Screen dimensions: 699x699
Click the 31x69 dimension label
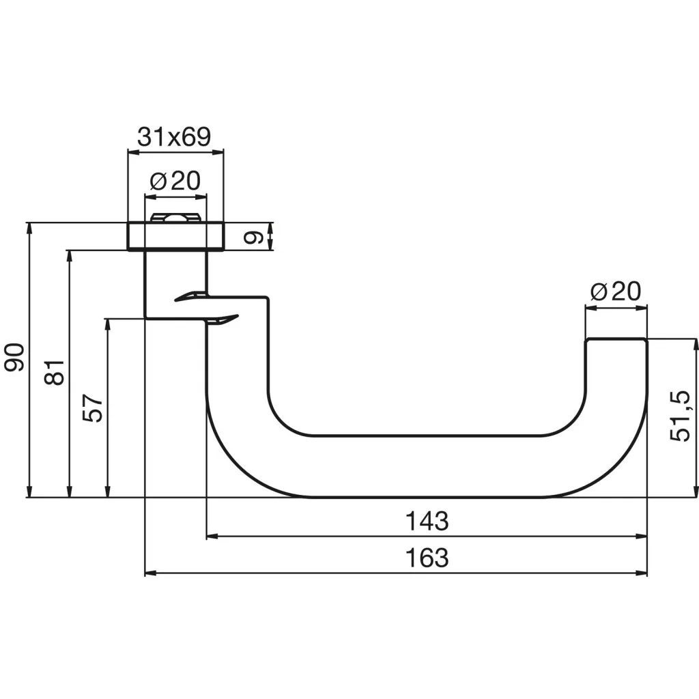[x=174, y=137]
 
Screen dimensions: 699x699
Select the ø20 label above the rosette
[x=175, y=180]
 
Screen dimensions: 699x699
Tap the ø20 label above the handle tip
[x=616, y=291]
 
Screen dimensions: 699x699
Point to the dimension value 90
[x=14, y=358]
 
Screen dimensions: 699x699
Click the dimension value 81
[x=55, y=372]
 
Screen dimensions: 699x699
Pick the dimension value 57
[x=93, y=408]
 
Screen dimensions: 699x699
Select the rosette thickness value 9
[x=253, y=238]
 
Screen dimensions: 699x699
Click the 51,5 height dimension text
[x=680, y=416]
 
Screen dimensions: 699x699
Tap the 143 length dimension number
[x=427, y=521]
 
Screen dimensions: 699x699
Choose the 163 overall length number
[x=427, y=557]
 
